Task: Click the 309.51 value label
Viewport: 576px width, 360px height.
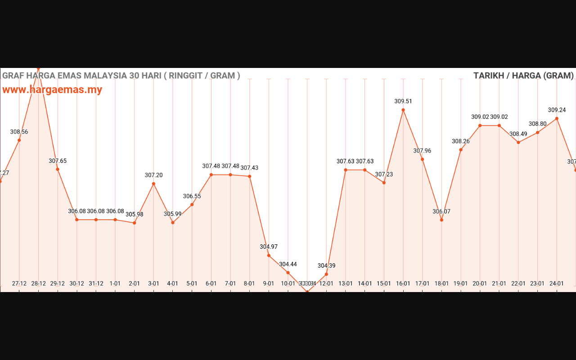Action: [403, 101]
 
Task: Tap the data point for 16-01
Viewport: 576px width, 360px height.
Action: [403, 110]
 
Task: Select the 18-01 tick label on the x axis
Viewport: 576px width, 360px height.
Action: [441, 283]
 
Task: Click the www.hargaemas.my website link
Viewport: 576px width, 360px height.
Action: [52, 90]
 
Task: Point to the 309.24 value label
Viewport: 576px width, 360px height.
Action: [557, 110]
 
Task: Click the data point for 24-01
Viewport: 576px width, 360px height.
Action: [557, 118]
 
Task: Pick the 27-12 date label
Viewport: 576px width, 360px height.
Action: [19, 283]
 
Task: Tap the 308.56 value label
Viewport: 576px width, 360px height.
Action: [19, 132]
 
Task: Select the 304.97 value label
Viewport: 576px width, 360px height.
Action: [269, 247]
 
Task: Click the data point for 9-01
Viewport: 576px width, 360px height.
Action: [269, 256]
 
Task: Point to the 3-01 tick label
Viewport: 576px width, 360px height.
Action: [153, 283]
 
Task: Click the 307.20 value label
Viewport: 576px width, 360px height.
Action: [153, 175]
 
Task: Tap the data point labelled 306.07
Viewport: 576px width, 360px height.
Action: [441, 220]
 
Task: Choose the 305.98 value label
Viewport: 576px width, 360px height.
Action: [135, 214]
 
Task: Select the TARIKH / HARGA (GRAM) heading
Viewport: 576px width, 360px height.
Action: [523, 76]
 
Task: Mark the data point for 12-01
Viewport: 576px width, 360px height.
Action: [326, 274]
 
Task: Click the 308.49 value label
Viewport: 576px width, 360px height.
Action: [518, 134]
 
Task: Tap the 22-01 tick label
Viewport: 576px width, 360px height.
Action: [518, 283]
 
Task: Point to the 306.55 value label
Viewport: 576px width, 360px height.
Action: [192, 196]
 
